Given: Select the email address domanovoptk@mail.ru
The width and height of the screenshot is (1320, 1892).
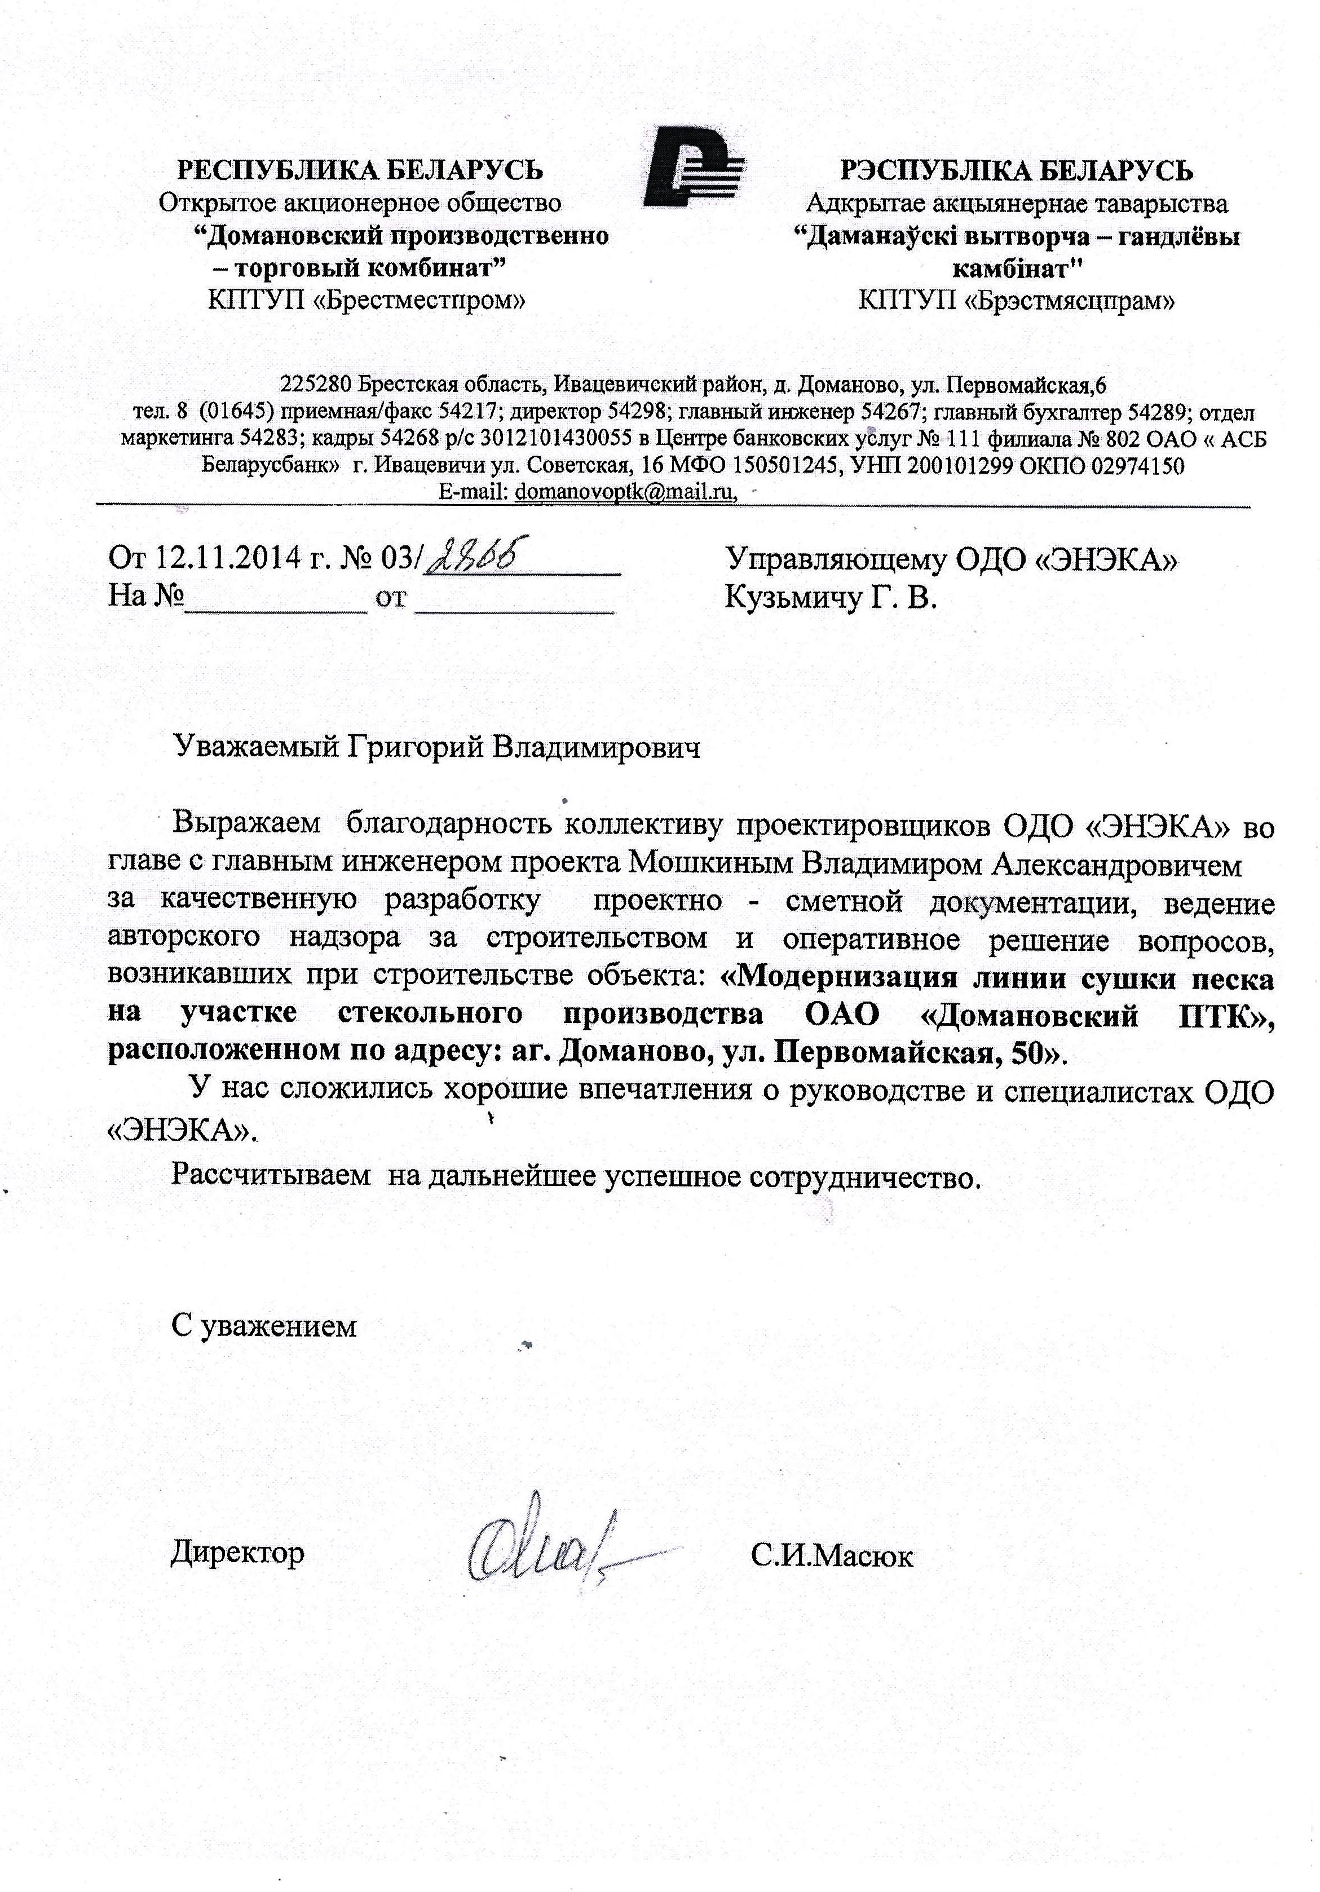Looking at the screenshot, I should coord(623,492).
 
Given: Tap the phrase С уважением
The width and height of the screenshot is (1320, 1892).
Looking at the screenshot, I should coord(264,1326).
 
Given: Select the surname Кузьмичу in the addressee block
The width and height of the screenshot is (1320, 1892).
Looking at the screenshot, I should coord(790,597).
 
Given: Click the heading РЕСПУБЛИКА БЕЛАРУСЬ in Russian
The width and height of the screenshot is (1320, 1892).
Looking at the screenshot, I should coord(361,170).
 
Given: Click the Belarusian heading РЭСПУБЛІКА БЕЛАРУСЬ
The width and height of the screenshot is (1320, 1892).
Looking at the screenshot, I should coord(1016,170).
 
